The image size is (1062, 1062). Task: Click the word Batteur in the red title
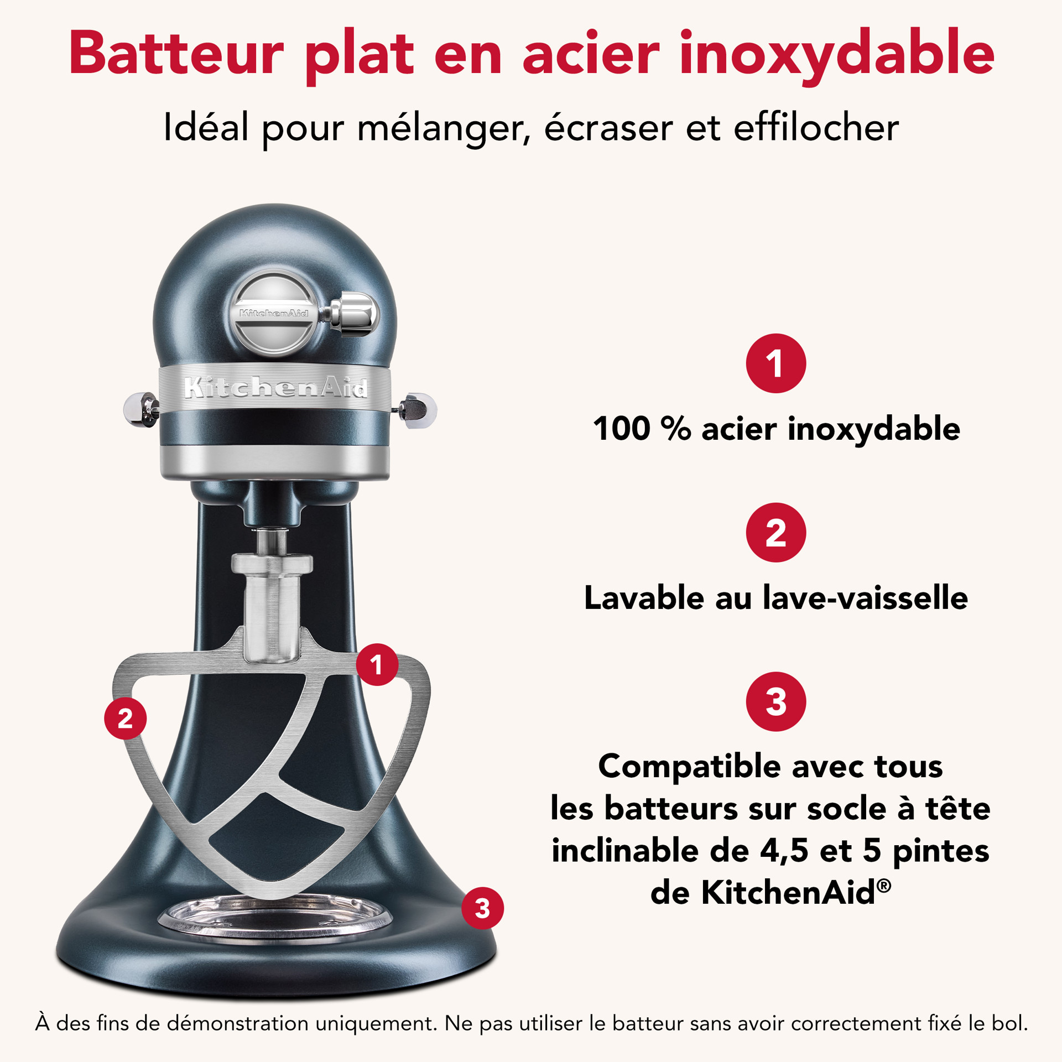176,54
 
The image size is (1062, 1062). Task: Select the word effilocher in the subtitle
816,128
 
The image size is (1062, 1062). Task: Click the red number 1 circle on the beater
377,664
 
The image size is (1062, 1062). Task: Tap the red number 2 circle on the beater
126,719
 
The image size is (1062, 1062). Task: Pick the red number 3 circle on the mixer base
482,908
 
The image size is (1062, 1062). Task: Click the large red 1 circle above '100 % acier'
776,363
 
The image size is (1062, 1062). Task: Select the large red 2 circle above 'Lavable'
776,533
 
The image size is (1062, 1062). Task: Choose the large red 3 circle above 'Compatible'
776,701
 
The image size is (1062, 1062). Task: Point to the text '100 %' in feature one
642,429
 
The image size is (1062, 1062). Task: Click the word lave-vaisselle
866,598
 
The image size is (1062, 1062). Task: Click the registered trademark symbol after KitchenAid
884,886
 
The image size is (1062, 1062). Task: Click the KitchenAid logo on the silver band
275,387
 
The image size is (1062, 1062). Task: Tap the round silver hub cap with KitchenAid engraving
274,313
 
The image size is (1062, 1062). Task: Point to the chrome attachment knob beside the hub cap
354,314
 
